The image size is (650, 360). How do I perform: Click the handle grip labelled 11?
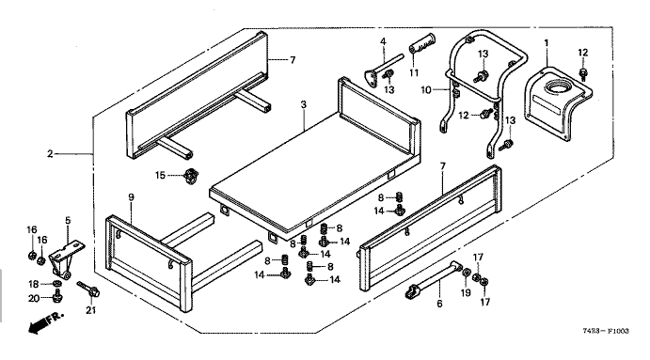[423, 43]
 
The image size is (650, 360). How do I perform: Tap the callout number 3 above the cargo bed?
[304, 105]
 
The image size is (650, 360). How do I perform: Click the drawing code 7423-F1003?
[606, 331]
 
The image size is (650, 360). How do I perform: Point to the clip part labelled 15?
[190, 176]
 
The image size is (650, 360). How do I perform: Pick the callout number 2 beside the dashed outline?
[50, 154]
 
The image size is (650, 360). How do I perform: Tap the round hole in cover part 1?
[556, 87]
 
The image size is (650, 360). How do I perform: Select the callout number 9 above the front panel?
[131, 197]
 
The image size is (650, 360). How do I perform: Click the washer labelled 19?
[467, 274]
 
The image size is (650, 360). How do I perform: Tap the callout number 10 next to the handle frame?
[426, 89]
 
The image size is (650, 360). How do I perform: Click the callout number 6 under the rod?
[439, 304]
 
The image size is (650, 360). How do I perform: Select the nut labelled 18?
[57, 284]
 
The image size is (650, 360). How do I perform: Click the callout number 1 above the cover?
[547, 43]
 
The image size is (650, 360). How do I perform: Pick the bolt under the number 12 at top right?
[583, 73]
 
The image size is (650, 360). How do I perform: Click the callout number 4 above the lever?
[383, 41]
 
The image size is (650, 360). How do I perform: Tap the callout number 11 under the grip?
[414, 73]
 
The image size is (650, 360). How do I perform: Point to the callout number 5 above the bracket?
[68, 220]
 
